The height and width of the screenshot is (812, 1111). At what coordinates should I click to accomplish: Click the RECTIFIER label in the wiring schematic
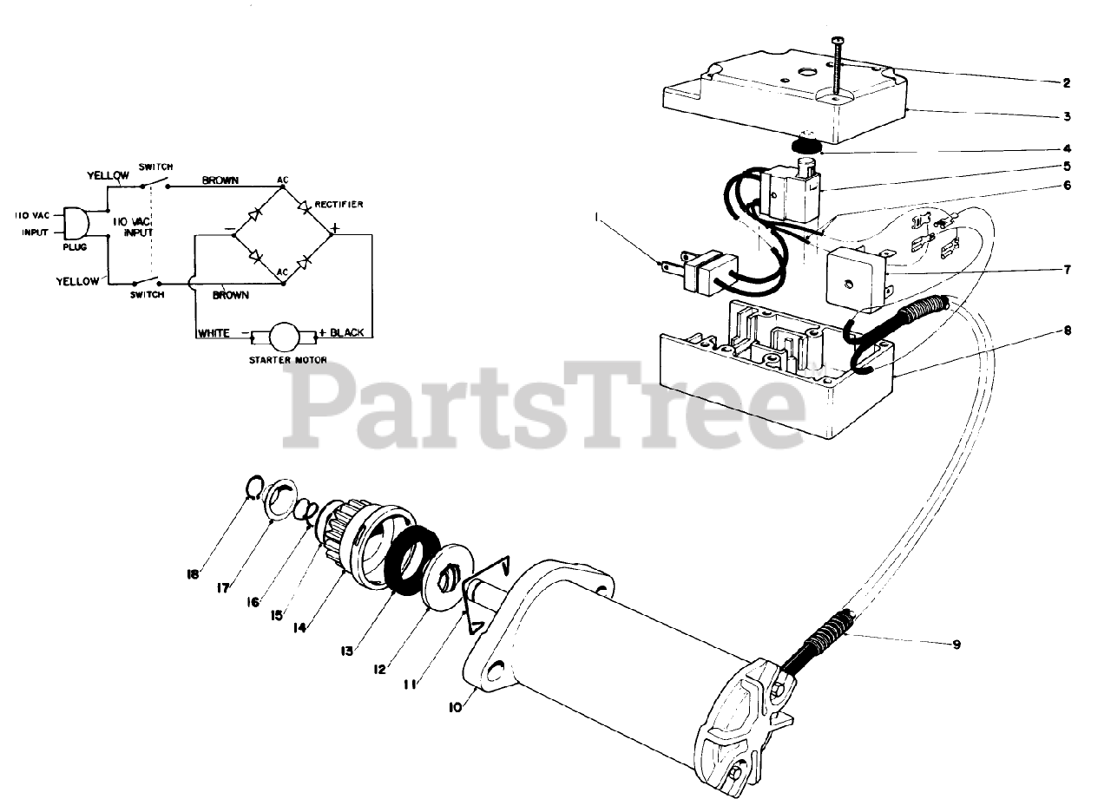tap(340, 205)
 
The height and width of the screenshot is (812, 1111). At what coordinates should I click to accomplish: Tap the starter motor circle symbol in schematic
tap(283, 334)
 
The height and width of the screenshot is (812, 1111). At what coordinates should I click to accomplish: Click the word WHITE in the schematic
tap(214, 333)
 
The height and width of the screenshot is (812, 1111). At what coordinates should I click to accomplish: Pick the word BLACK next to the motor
tap(346, 333)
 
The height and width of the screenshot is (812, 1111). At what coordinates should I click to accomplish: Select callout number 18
tap(193, 574)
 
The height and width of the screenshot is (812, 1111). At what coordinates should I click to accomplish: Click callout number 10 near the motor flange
tap(456, 706)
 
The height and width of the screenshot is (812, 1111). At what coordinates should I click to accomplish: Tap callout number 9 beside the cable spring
tap(956, 645)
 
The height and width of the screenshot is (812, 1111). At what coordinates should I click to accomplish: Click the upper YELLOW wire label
tap(108, 175)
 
